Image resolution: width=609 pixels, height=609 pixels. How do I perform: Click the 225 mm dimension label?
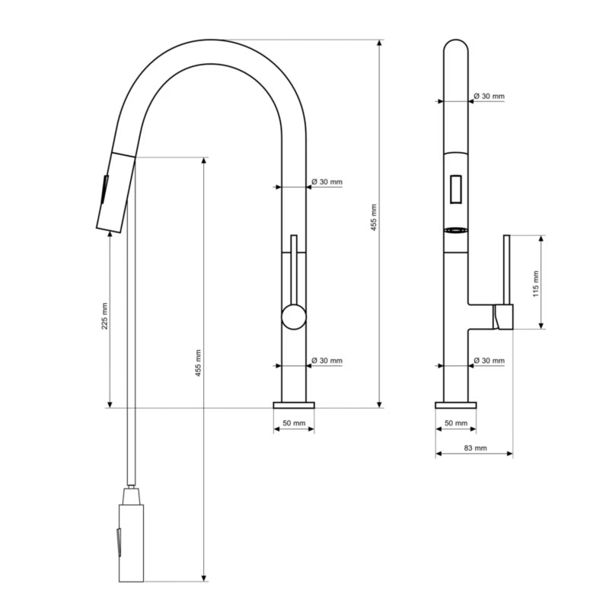coord(104,316)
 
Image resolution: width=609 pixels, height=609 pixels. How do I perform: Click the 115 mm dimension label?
coord(536,284)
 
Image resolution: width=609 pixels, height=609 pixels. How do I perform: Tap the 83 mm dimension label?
coord(475,448)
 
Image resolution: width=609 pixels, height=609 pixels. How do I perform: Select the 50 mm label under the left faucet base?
coord(294,423)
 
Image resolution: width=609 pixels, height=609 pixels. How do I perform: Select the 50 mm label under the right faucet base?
coord(456,423)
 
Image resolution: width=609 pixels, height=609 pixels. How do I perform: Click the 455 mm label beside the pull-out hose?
coord(198,363)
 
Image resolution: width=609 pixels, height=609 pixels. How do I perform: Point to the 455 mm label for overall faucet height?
coord(374,218)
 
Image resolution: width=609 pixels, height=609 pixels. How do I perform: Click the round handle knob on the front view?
coord(294,317)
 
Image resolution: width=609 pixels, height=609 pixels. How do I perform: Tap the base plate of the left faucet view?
coord(294,405)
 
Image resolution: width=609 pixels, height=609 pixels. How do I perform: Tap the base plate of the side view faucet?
coord(456,405)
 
